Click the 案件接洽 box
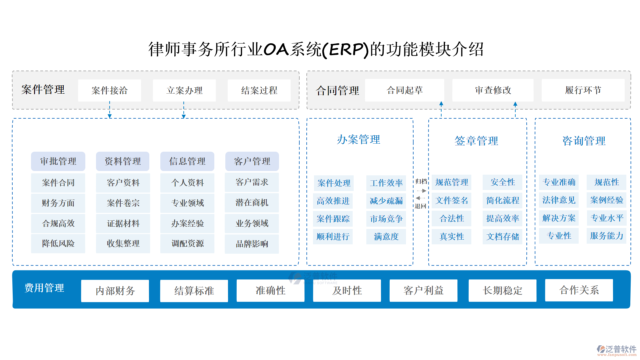(109, 90)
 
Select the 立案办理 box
(184, 90)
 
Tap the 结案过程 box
(259, 90)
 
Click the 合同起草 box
(404, 90)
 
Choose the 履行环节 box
(583, 90)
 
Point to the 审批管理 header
(58, 161)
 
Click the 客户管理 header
(252, 161)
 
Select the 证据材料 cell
(123, 223)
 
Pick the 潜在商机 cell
(252, 203)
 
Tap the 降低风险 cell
(58, 243)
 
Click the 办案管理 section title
(358, 139)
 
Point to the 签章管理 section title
(476, 141)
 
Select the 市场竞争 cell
(386, 219)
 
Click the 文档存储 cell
(502, 237)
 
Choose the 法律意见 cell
(559, 200)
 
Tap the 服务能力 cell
(606, 236)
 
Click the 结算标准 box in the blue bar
(194, 291)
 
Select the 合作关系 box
(579, 290)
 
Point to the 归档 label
(421, 181)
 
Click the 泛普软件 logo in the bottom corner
(616, 350)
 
